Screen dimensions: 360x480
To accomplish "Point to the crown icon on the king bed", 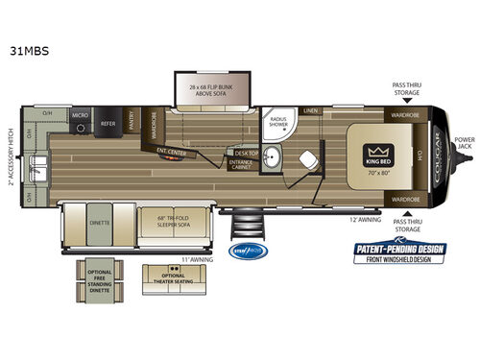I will pyautogui.click(x=375, y=151).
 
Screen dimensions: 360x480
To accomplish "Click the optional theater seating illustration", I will pyautogui.click(x=164, y=279).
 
